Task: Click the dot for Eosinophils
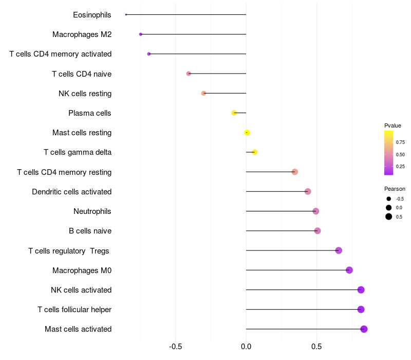(x=126, y=14)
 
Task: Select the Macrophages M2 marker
(x=141, y=34)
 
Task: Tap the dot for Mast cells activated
(x=364, y=329)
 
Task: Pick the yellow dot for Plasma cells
(x=234, y=113)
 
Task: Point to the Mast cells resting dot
(x=247, y=132)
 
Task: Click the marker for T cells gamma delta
(x=254, y=152)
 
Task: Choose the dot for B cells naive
(x=317, y=231)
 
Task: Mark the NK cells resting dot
(x=203, y=93)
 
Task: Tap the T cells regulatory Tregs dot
(x=339, y=250)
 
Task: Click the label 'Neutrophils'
(x=92, y=211)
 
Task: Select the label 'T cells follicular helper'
(x=74, y=310)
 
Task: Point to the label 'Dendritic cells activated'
(x=72, y=192)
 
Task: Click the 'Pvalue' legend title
(x=393, y=125)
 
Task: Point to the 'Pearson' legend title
(x=395, y=189)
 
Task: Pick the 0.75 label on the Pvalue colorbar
(x=400, y=142)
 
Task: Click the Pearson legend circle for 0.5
(x=389, y=217)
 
